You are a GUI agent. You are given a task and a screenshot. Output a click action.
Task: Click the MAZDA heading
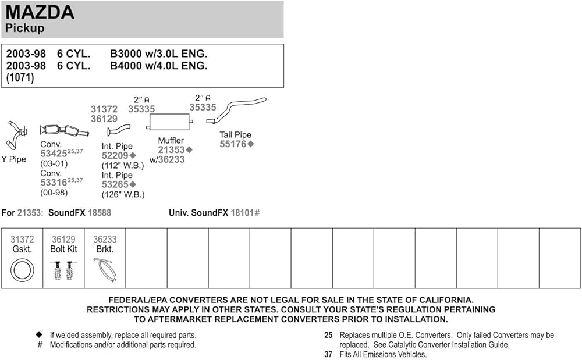coord(40,12)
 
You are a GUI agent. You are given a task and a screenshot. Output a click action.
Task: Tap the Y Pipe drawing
coord(15,135)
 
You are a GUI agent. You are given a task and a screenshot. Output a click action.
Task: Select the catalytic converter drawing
coord(63,131)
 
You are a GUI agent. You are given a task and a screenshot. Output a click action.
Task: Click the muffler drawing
coord(169,122)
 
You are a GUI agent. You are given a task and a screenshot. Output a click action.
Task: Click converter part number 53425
coord(53,154)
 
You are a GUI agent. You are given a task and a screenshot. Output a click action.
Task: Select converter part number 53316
coord(53,183)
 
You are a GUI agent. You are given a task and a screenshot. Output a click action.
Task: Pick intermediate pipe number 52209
coord(115,156)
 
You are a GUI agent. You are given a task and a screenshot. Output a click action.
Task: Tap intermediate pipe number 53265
coord(115,184)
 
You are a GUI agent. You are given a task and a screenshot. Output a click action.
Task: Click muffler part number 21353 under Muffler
coord(171,150)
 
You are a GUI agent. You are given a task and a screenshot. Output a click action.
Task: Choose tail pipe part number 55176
coord(233,144)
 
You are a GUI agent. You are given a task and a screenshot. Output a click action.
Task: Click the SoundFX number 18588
coord(99,213)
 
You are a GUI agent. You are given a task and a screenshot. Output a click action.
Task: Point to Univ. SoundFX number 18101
coord(243,213)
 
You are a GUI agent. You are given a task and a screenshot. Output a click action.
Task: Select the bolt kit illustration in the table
coord(63,270)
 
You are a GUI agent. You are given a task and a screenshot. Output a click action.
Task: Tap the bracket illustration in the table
coord(105,270)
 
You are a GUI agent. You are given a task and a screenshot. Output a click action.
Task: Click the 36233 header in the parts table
coord(105,239)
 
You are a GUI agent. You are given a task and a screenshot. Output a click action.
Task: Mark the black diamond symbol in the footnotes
coord(40,335)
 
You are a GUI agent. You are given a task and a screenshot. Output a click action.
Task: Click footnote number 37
coord(328,354)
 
